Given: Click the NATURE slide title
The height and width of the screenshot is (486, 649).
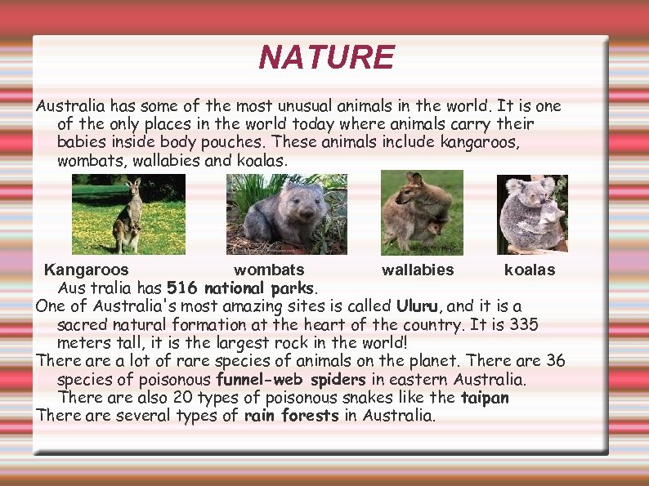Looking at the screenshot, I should (x=326, y=58).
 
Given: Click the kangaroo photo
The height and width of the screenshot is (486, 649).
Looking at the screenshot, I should (x=128, y=214).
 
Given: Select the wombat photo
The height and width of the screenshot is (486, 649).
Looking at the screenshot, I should (x=286, y=214).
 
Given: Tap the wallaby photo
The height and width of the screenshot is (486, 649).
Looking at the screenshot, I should (x=422, y=212).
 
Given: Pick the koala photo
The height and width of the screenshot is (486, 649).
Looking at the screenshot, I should (x=531, y=215).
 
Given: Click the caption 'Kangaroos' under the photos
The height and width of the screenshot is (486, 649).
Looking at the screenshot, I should (x=86, y=270).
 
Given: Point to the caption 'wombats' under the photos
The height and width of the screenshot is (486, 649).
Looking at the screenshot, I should (x=269, y=270).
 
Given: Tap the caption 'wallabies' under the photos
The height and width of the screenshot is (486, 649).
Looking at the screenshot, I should (x=418, y=270).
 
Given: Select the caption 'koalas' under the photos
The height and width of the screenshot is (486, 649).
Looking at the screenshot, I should (x=530, y=270).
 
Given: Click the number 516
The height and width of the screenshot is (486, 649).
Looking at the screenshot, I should (x=182, y=288).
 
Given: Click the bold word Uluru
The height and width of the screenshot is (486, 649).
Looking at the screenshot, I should (x=419, y=307).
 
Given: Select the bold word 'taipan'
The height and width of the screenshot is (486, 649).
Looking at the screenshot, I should (x=485, y=398).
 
